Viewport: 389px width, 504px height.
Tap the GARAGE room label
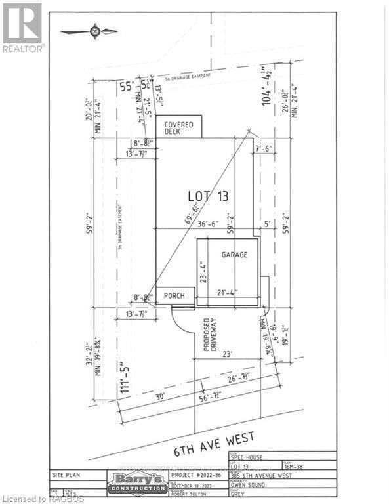pyautogui.click(x=234, y=255)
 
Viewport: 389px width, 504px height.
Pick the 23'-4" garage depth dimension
pyautogui.click(x=203, y=272)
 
